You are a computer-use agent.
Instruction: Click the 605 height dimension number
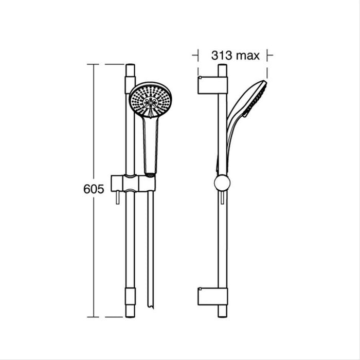click(x=94, y=189)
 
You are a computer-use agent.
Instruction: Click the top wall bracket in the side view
click(x=212, y=85)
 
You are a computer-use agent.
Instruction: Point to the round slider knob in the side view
click(x=222, y=183)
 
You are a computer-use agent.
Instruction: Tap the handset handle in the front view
click(x=150, y=144)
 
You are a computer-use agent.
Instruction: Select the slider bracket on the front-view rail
click(x=132, y=183)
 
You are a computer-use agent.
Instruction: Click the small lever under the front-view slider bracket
click(x=118, y=199)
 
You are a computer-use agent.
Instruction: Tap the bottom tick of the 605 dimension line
click(x=93, y=317)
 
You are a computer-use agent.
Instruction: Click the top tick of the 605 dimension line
click(x=93, y=64)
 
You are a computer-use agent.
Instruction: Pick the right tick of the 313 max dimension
click(x=267, y=56)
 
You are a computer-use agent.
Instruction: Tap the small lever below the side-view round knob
click(x=222, y=198)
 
